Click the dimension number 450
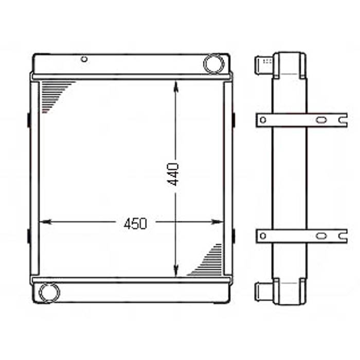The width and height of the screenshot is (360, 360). click(135, 223)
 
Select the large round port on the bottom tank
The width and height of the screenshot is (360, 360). click(49, 292)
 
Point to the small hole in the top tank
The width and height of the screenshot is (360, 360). click(84, 59)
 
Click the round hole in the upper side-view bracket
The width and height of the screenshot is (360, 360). click(263, 120)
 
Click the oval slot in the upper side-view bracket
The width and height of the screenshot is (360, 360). click(321, 120)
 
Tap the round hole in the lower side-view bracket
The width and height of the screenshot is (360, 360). click(263, 236)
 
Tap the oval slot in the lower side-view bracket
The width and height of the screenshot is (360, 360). click(321, 236)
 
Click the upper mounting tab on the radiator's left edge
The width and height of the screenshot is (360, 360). click(29, 119)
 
